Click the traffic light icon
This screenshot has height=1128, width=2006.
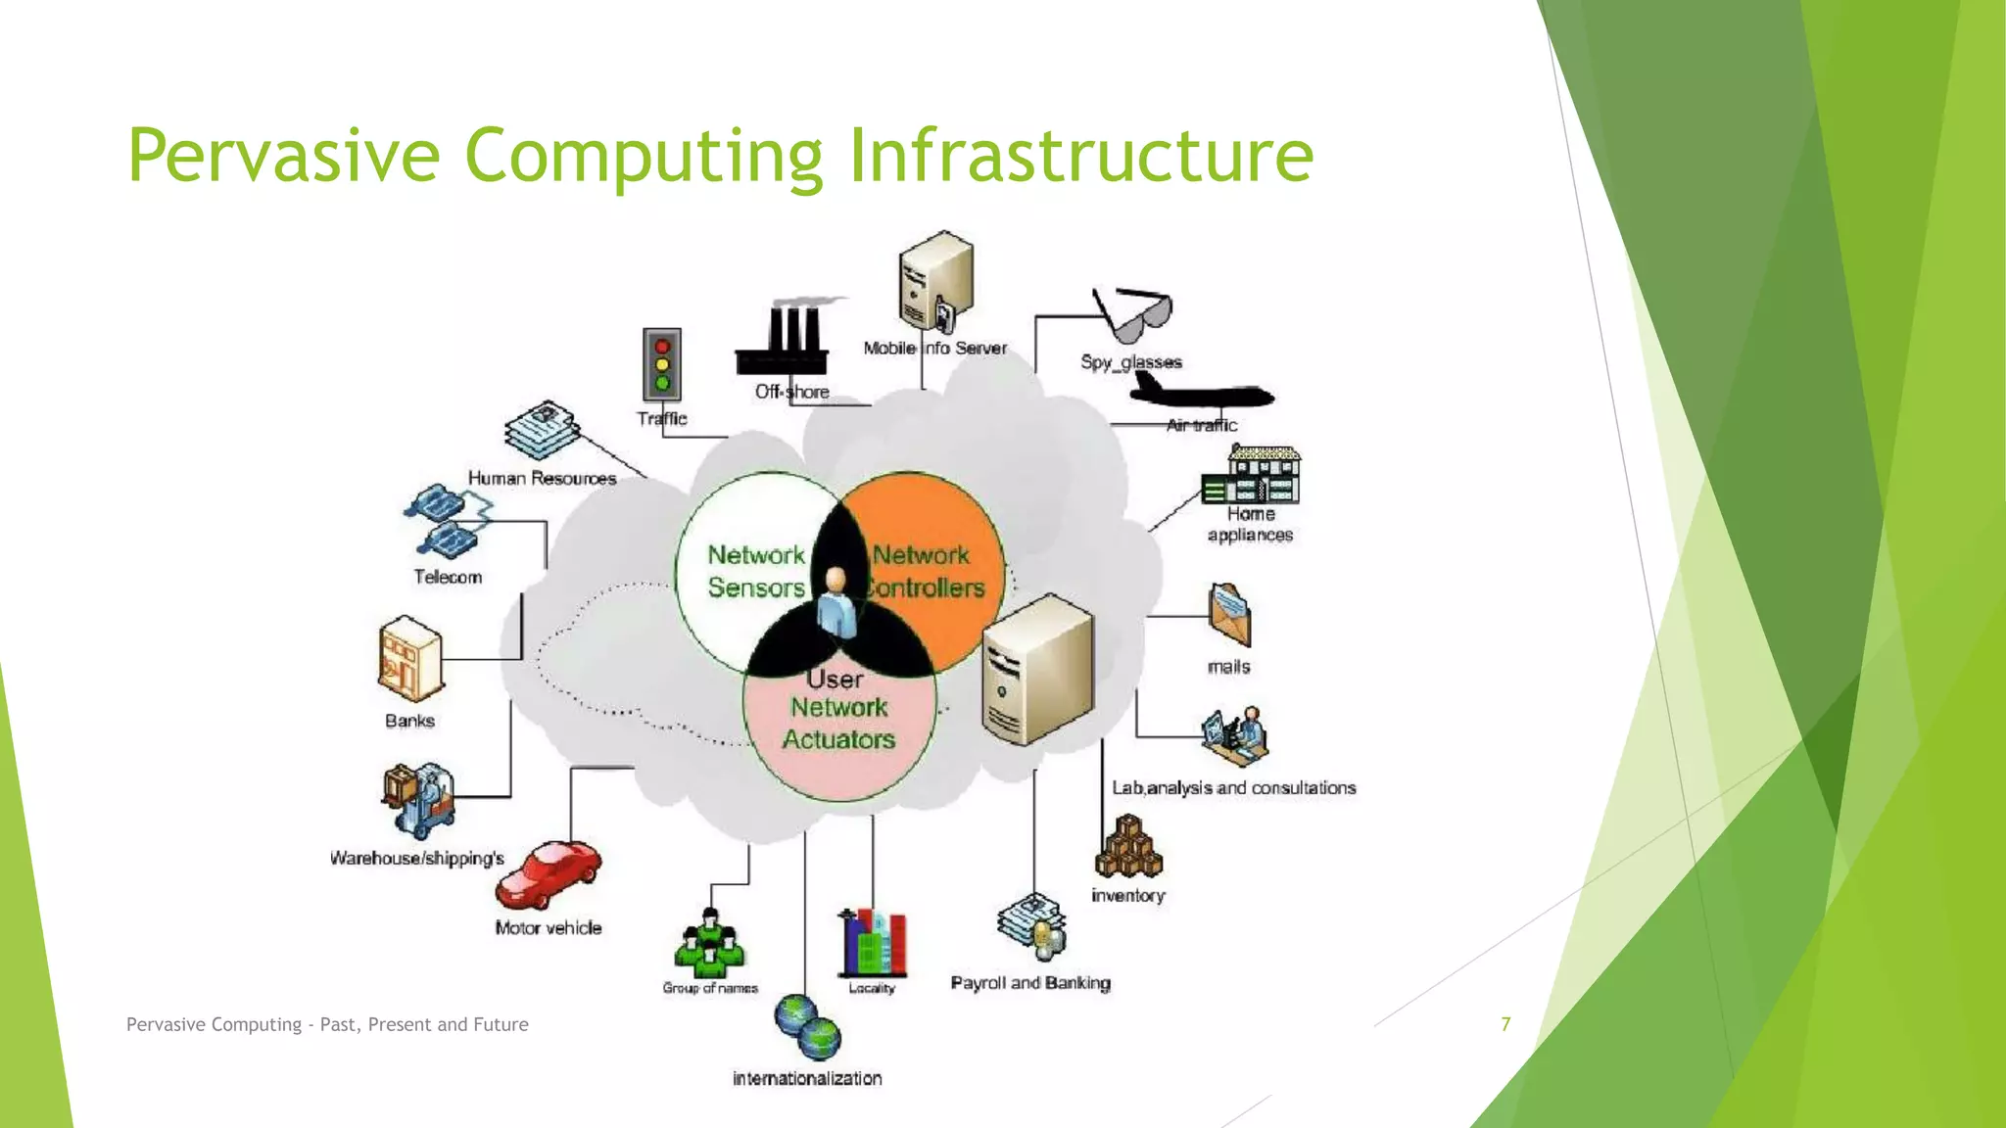pos(662,364)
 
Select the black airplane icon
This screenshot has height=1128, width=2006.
pos(1201,394)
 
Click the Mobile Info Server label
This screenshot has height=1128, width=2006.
pos(934,348)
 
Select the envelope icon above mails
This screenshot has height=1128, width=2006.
pos(1229,615)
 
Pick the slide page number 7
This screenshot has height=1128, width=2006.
pos(1505,1024)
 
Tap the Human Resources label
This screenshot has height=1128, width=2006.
pos(542,478)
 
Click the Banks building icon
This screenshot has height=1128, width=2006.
pos(409,658)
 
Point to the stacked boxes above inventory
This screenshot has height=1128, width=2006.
pos(1128,848)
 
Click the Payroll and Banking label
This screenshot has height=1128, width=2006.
pos(1030,982)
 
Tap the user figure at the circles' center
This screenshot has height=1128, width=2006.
pos(836,603)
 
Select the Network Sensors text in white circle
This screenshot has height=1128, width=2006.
pos(755,571)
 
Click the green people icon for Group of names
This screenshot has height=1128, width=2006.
pos(710,944)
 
